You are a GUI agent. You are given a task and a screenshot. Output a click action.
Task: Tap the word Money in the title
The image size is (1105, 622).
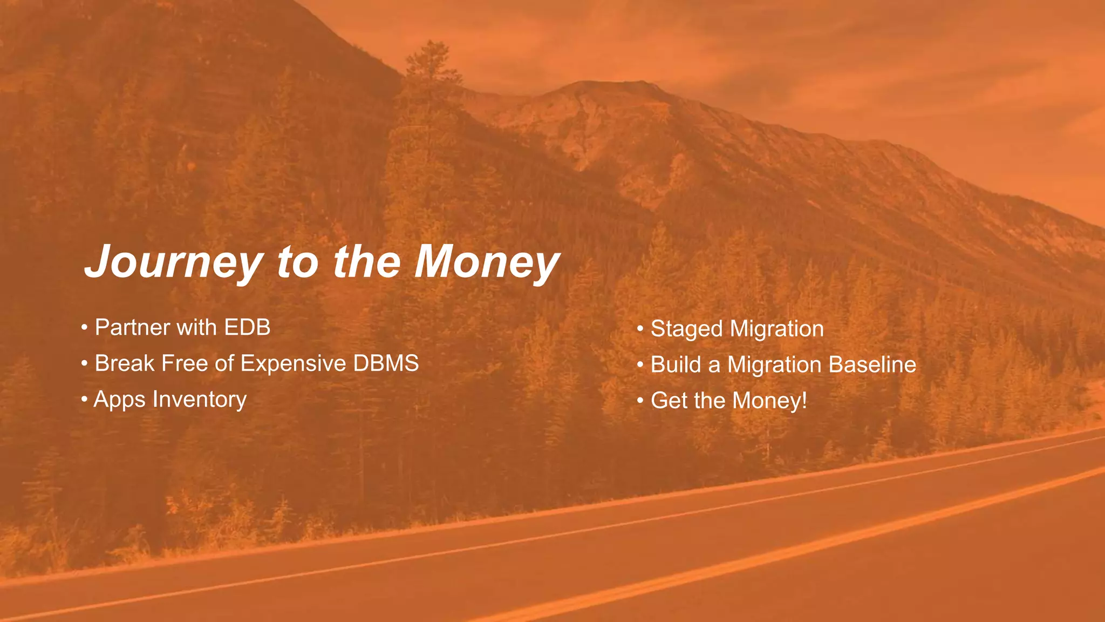(487, 262)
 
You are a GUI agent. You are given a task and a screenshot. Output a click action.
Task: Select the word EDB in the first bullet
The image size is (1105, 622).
(247, 328)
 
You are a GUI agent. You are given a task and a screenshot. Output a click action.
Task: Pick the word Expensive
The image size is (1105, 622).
(293, 363)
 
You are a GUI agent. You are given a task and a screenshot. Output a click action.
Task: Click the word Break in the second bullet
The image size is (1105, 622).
(125, 363)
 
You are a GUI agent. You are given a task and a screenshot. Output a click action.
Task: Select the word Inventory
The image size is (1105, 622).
(200, 400)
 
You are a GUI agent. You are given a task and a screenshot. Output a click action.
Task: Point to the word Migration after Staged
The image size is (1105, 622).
(776, 329)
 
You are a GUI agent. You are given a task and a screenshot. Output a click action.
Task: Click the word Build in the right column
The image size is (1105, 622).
(676, 364)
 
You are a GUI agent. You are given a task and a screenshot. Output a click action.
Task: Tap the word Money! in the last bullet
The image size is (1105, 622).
(770, 401)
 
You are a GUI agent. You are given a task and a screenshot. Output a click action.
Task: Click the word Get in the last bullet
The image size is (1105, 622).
(669, 401)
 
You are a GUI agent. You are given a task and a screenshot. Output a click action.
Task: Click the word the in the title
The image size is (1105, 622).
(367, 262)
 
